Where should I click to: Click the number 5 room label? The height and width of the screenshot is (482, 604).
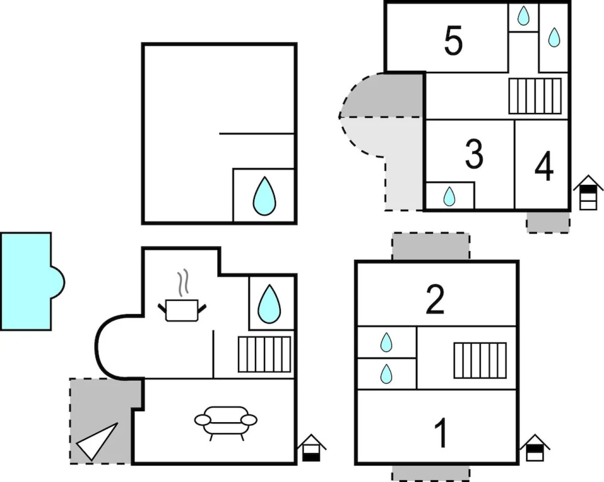click(x=453, y=41)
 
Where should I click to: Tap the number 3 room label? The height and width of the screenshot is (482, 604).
click(x=474, y=154)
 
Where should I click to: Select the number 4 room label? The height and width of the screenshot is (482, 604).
click(x=544, y=167)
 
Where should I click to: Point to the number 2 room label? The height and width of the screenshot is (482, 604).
click(x=435, y=299)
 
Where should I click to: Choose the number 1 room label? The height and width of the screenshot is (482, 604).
click(x=441, y=433)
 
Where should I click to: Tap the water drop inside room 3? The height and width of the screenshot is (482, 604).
click(x=449, y=196)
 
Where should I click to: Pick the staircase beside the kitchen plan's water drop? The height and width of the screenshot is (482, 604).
click(x=264, y=354)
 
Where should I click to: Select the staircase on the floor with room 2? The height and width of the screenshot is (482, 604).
click(x=480, y=360)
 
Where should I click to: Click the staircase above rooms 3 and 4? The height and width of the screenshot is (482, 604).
click(x=535, y=96)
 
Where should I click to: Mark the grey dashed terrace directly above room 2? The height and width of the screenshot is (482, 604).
click(x=431, y=246)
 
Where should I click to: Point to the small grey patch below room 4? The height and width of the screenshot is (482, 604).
click(x=548, y=222)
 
